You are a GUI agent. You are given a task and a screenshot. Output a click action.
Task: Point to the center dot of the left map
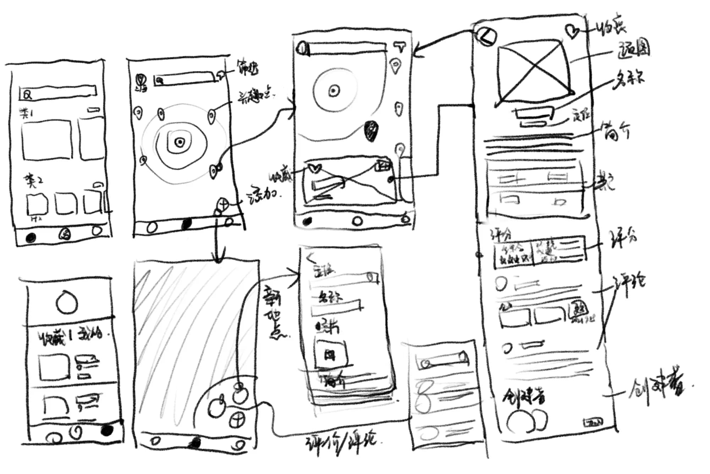pos(180,142)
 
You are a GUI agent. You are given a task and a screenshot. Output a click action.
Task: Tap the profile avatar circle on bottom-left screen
pos(67,302)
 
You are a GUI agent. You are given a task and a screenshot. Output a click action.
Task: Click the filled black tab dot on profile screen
pos(106,430)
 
